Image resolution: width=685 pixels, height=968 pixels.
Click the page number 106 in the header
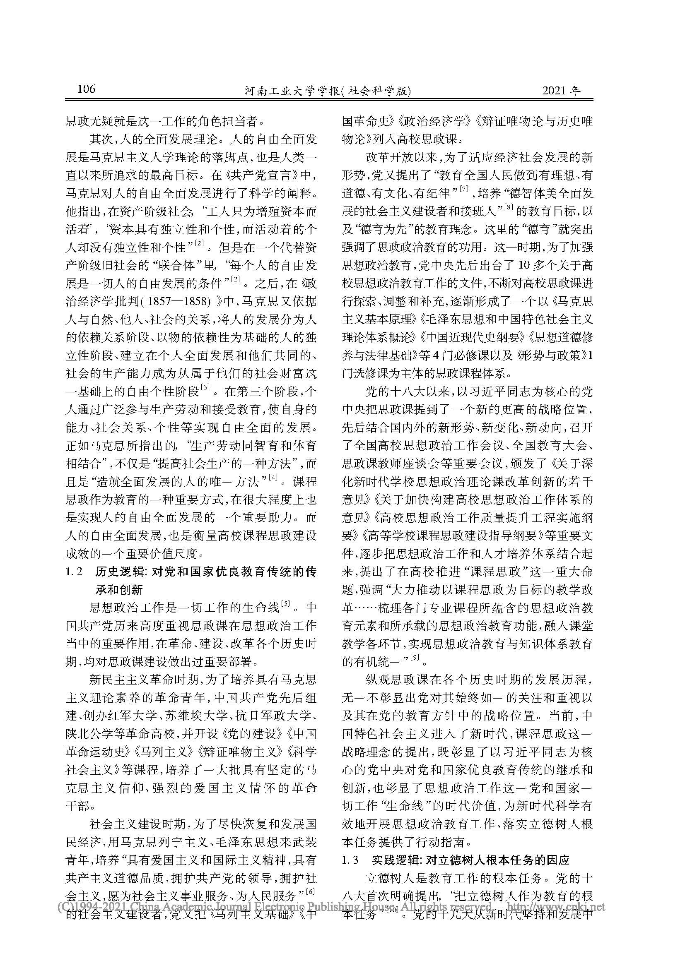pos(87,89)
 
